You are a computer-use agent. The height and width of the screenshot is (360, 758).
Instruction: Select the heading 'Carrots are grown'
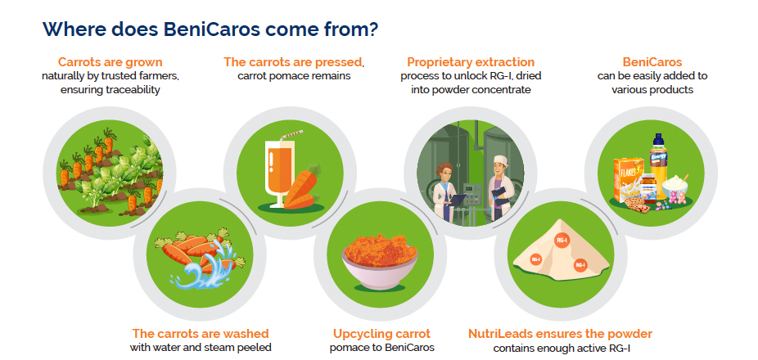coord(111,62)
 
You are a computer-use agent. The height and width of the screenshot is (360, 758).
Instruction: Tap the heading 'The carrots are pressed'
coord(293,62)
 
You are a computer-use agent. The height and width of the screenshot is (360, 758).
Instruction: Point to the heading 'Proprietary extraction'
coord(471,62)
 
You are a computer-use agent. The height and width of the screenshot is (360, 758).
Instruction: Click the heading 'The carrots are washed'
coord(201,334)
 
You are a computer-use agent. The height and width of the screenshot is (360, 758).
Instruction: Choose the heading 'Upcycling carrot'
coord(382,334)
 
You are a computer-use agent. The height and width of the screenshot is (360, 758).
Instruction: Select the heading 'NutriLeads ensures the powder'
coord(560,334)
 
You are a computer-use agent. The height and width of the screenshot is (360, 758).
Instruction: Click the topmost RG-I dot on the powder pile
coord(562,240)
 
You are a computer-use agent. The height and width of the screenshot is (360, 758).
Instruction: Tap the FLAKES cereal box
coord(629,179)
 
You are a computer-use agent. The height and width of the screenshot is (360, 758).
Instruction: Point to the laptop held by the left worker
coord(457,200)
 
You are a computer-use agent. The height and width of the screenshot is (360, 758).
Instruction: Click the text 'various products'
coord(652,90)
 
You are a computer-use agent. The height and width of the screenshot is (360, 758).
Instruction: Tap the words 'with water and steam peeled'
coord(201,348)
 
